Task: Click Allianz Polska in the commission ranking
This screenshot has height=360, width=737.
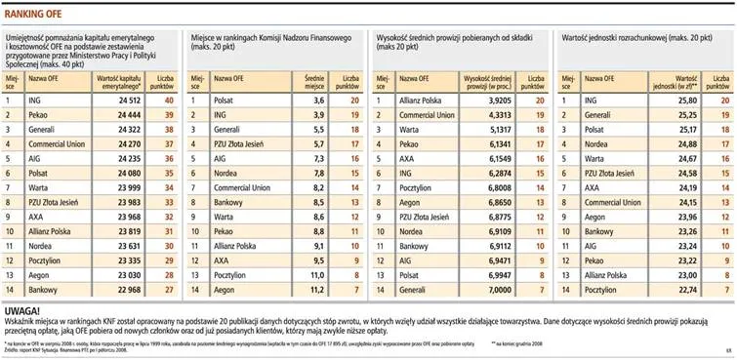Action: tap(419, 99)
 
